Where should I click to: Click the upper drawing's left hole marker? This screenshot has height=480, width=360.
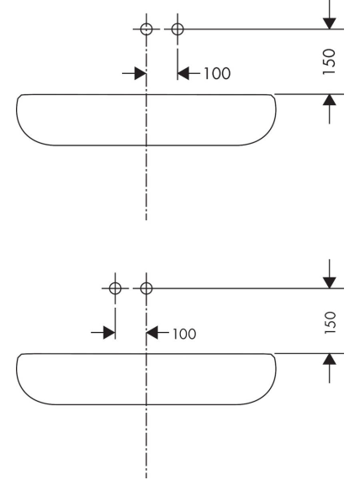pos(146,29)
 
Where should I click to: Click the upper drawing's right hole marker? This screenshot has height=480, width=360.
pos(177,29)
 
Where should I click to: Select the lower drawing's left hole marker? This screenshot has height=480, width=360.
pos(115,288)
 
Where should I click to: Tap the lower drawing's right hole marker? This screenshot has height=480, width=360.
pos(146,288)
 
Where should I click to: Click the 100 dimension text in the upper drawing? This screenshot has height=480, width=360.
pos(217,74)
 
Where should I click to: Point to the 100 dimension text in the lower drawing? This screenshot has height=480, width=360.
pos(184,334)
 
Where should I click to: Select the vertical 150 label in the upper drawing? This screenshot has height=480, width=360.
pos(330,61)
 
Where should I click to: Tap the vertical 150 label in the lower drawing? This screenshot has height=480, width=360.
pos(330,323)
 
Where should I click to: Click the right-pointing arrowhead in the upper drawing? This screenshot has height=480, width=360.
pos(140,73)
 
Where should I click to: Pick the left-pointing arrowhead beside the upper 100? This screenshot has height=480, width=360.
pos(183,73)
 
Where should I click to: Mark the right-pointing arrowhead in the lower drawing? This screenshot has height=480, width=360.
pos(109,332)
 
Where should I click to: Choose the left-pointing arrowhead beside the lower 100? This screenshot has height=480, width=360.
pos(152,332)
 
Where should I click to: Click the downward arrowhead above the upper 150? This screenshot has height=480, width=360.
pos(330,24)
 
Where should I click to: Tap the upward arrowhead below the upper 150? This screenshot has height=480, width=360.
pos(330,100)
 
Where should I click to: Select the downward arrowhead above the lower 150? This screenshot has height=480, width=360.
pos(330,282)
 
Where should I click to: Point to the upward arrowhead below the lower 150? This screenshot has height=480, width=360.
pos(330,359)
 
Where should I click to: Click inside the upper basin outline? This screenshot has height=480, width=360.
pos(92,120)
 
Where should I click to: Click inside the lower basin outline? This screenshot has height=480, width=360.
pos(92,379)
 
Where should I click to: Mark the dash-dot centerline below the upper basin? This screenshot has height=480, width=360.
pos(146,183)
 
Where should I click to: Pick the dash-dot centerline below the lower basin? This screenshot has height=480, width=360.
pos(146,442)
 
